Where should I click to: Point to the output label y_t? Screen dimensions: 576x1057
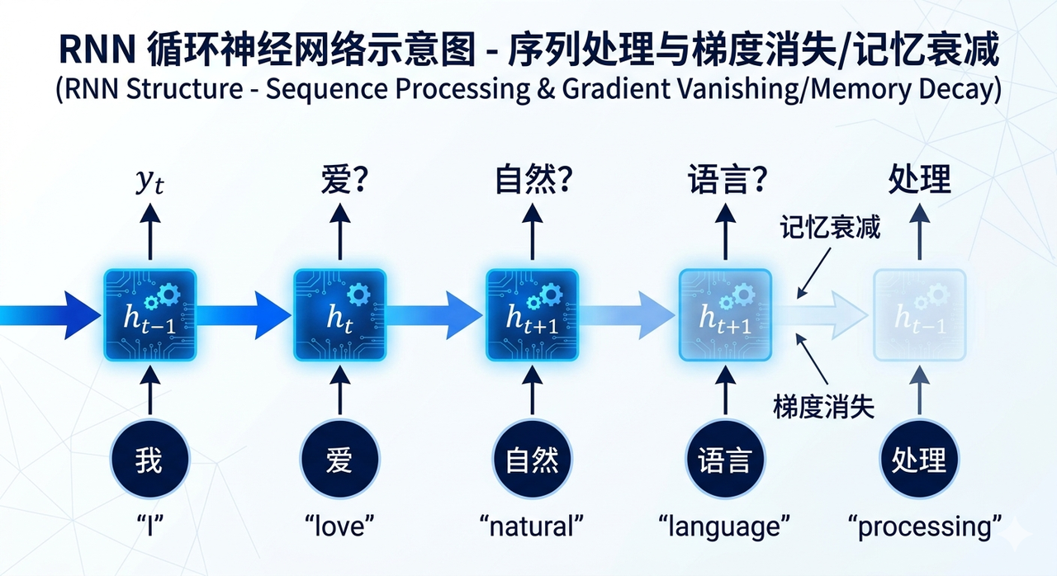tap(149, 182)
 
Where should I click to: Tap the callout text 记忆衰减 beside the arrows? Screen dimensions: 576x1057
tap(831, 228)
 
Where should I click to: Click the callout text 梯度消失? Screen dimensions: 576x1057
tap(824, 406)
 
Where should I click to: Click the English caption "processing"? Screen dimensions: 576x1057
tap(925, 525)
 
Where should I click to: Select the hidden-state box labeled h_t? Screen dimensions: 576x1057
tap(339, 314)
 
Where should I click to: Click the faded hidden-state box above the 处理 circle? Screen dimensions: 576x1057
tap(919, 314)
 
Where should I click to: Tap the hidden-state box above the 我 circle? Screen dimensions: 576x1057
tap(149, 314)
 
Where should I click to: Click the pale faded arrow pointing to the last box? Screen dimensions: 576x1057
tap(822, 314)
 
